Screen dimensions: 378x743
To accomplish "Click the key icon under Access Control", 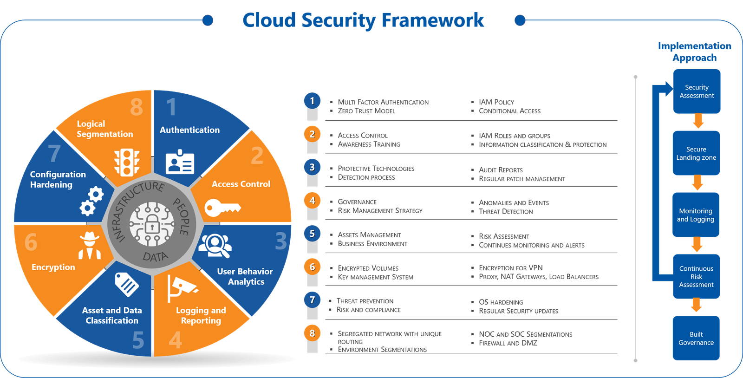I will pyautogui.click(x=222, y=208).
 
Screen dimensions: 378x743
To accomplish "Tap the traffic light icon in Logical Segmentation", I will pyautogui.click(x=127, y=162).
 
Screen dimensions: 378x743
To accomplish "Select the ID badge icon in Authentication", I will pyautogui.click(x=180, y=162).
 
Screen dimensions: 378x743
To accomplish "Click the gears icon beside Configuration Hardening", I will pyautogui.click(x=91, y=201).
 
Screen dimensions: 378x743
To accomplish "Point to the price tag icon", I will pyautogui.click(x=127, y=284).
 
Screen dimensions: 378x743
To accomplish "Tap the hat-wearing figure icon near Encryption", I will pyautogui.click(x=90, y=245).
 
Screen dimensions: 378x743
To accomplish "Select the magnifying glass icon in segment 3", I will pyautogui.click(x=215, y=245).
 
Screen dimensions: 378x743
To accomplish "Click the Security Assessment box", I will pyautogui.click(x=697, y=91).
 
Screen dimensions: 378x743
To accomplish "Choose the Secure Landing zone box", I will pyautogui.click(x=696, y=153).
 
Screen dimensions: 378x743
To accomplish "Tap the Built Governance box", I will pyautogui.click(x=696, y=338).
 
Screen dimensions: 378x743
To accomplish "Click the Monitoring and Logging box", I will pyautogui.click(x=696, y=215).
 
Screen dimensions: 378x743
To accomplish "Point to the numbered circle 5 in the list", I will pyautogui.click(x=312, y=234).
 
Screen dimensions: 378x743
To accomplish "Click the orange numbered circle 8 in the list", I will pyautogui.click(x=312, y=333).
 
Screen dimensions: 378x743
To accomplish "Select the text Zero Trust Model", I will pyautogui.click(x=367, y=111).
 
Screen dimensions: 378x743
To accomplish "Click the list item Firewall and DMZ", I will pyautogui.click(x=508, y=343).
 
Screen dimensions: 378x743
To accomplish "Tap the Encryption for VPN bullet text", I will pyautogui.click(x=510, y=268).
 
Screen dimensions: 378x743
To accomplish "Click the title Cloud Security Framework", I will pyautogui.click(x=364, y=20).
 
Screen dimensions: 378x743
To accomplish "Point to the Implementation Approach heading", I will pyautogui.click(x=695, y=52).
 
